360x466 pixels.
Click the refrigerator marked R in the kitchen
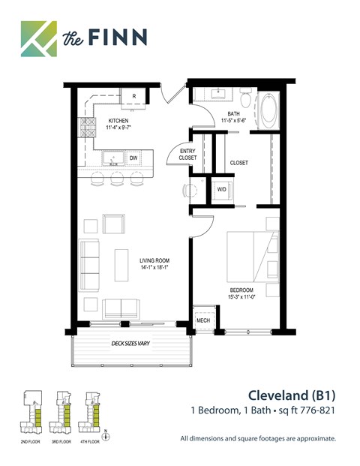[x=133, y=97]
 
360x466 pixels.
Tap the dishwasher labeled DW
[x=133, y=158]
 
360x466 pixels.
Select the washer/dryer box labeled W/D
[x=222, y=190]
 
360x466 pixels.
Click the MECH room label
[x=203, y=320]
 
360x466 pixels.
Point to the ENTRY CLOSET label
[x=187, y=155]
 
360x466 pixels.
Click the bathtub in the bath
[x=268, y=110]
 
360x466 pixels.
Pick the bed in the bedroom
[x=253, y=255]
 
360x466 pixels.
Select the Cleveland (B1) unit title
[x=291, y=395]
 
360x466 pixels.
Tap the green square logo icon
[x=38, y=38]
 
